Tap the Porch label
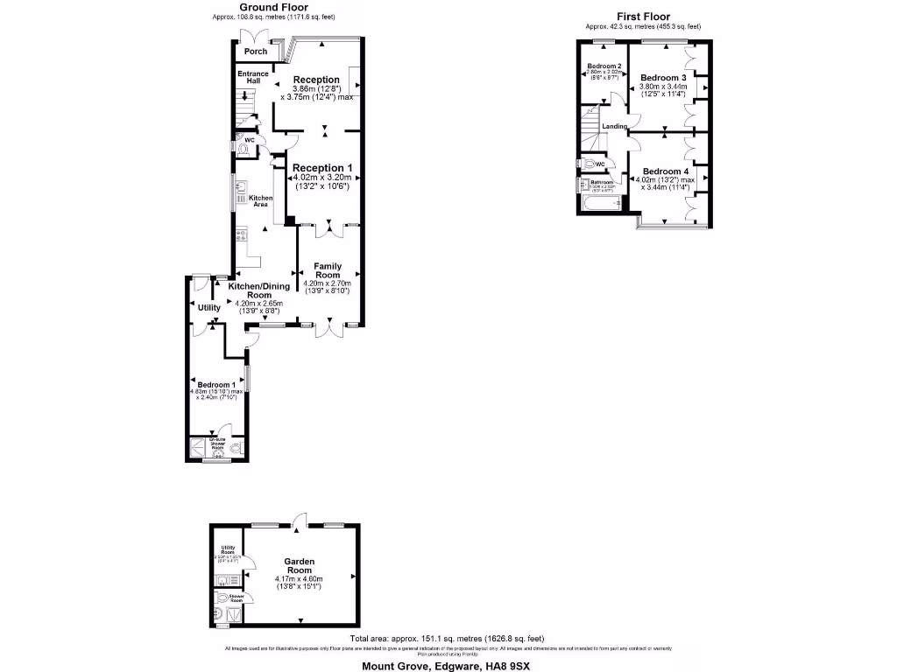(255, 52)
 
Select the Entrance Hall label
(253, 77)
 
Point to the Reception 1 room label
(323, 167)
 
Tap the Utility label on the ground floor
(208, 307)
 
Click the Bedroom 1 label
(215, 385)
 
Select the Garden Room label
(300, 566)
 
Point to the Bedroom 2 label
(604, 67)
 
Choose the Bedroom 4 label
(666, 171)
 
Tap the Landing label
(615, 127)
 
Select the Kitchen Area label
(260, 201)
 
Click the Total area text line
(447, 639)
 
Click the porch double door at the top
(255, 37)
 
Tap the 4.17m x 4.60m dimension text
(299, 578)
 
